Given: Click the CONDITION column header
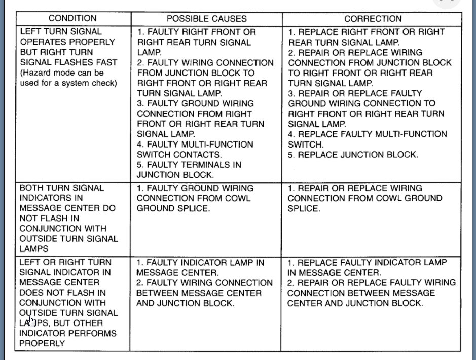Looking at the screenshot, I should click(x=72, y=19).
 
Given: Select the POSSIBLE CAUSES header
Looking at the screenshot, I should click(x=206, y=19).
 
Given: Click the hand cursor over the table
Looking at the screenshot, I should click(x=31, y=321).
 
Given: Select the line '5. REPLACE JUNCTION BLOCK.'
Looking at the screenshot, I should click(x=353, y=155).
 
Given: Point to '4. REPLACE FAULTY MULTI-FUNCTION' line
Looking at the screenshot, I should click(x=368, y=134).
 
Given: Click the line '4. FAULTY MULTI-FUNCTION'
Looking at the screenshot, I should click(x=195, y=145).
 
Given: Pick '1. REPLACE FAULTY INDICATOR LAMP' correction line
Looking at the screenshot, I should click(x=367, y=263).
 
